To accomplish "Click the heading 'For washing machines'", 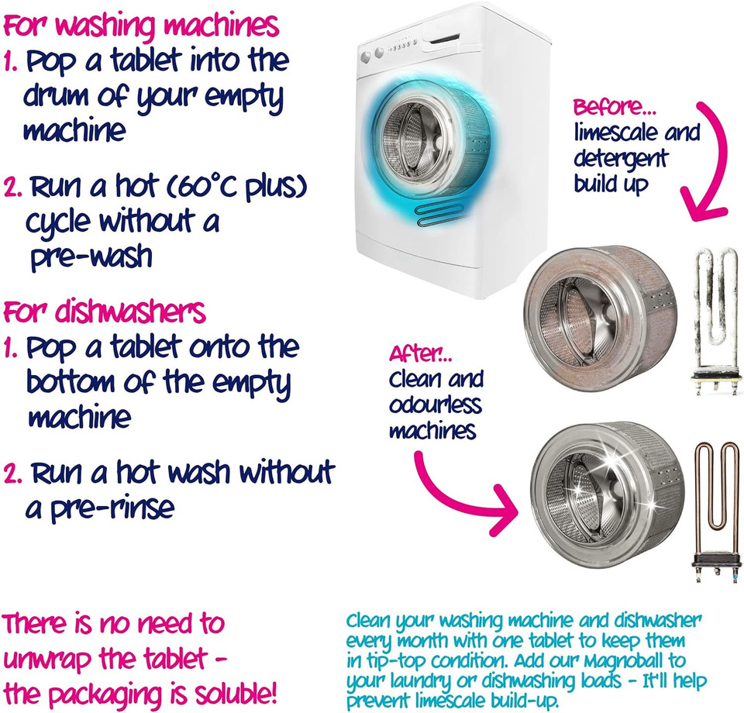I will point(141,26).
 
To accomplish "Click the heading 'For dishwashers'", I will point(105,312).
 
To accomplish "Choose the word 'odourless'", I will point(435,405).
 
